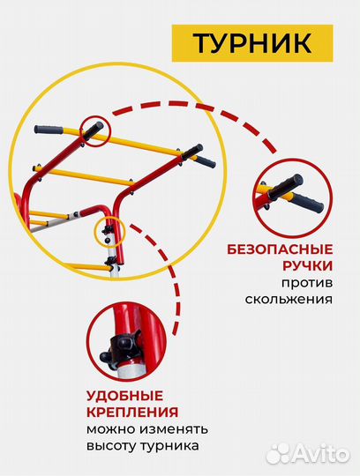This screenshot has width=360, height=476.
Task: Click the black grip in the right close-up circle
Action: tap(286, 192)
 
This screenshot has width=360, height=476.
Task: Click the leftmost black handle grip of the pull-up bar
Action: tap(54, 130)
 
